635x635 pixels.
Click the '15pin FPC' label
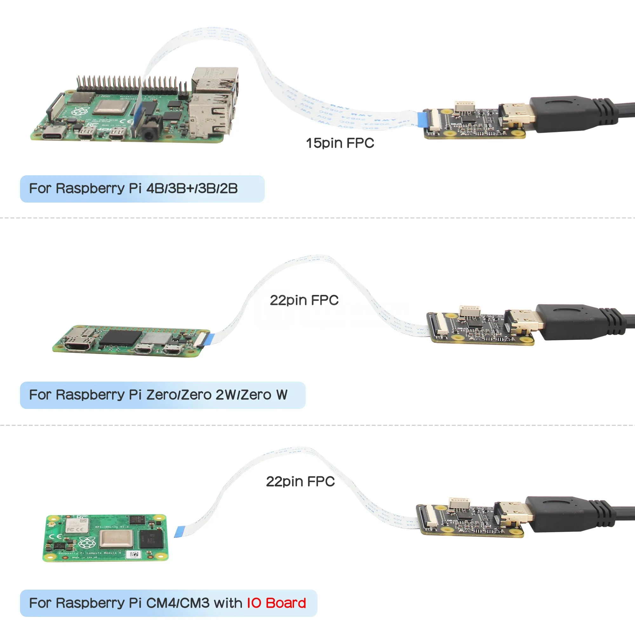point(340,143)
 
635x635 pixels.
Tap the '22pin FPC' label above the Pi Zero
point(304,300)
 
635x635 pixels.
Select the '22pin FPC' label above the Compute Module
point(300,482)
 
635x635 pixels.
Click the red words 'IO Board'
point(276,603)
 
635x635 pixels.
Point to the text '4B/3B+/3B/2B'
point(192,189)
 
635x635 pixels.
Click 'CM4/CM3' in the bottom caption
point(177,603)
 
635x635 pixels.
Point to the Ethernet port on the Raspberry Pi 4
point(215,80)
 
